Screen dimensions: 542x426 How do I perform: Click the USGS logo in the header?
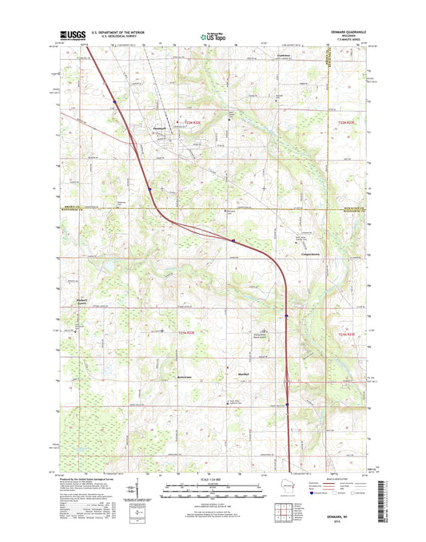71,35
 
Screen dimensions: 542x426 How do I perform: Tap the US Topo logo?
213,35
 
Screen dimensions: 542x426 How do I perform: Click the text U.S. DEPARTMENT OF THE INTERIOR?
115,32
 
